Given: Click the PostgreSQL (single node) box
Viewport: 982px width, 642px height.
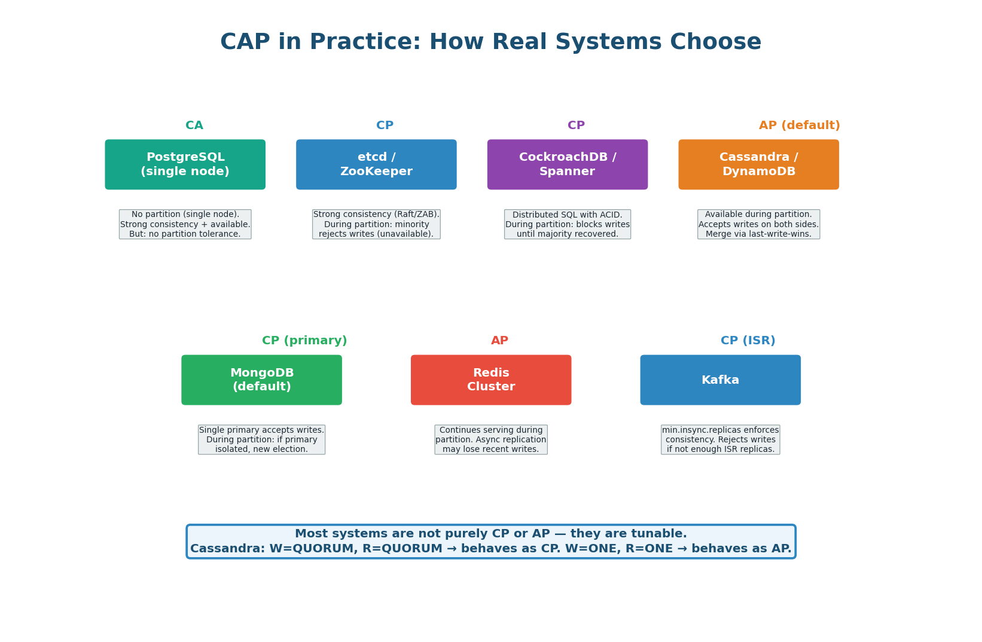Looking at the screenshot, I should pyautogui.click(x=185, y=164).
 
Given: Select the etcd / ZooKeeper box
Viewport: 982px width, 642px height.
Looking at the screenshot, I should pyautogui.click(x=376, y=164).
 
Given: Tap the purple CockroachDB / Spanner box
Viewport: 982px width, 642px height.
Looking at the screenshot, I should pyautogui.click(x=567, y=164).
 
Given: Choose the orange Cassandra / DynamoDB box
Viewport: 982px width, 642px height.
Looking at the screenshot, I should pyautogui.click(x=758, y=164).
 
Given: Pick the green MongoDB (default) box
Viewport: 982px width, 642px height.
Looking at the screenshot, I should pyautogui.click(x=261, y=380).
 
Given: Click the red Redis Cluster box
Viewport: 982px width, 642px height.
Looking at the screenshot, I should pyautogui.click(x=490, y=380).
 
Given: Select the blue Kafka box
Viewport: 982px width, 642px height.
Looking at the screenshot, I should pyautogui.click(x=720, y=380).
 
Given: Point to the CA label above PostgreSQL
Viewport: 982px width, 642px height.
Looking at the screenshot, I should pyautogui.click(x=194, y=126).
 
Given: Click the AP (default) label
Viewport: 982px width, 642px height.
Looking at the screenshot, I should pyautogui.click(x=799, y=126).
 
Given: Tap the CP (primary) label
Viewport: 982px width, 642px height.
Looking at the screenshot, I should pyautogui.click(x=304, y=341).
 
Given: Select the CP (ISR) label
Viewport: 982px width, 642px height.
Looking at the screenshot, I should pyautogui.click(x=748, y=341).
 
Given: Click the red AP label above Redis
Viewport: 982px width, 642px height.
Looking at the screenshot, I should pyautogui.click(x=499, y=341).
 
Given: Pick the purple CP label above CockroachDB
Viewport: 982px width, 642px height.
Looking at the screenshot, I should pyautogui.click(x=576, y=126).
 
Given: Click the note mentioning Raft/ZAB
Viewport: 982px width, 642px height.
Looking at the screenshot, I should pyautogui.click(x=376, y=224).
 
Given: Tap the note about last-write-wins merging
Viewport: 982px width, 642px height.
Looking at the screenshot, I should pyautogui.click(x=758, y=224).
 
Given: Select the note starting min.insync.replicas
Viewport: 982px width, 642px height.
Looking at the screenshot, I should pyautogui.click(x=720, y=439).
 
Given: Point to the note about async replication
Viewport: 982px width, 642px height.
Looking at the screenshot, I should pyautogui.click(x=490, y=439).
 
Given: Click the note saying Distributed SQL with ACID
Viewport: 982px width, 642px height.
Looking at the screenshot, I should pyautogui.click(x=567, y=224).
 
